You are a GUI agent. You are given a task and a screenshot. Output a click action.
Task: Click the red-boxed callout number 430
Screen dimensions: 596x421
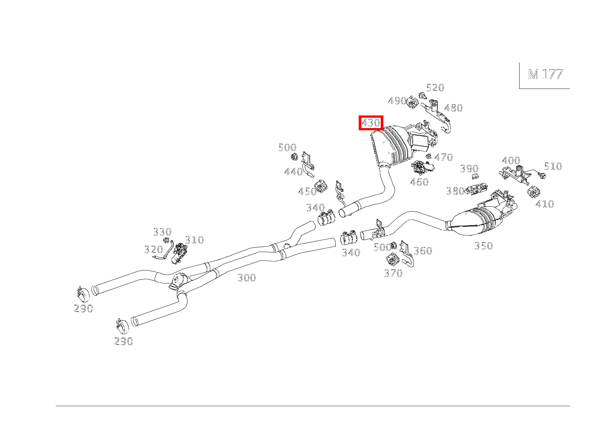point(371,123)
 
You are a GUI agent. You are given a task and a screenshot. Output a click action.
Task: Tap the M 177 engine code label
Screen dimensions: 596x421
point(545,74)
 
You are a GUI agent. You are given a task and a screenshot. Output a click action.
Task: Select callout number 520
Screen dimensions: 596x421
point(435,88)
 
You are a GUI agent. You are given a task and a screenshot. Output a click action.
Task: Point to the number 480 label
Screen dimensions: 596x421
point(454,108)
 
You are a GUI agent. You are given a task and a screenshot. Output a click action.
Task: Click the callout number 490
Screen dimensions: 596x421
point(397,101)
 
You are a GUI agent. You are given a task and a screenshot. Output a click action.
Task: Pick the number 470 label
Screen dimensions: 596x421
point(444,157)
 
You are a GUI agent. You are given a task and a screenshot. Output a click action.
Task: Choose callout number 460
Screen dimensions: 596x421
point(419,182)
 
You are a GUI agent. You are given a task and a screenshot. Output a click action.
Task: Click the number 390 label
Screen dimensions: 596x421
point(469,168)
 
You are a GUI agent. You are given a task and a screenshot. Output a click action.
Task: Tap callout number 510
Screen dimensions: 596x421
point(553,166)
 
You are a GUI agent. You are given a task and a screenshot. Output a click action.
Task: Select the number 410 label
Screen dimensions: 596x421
point(545,204)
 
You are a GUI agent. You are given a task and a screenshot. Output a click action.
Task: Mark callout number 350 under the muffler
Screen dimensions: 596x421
point(484,245)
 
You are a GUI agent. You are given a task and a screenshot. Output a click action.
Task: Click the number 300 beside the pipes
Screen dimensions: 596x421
point(247,278)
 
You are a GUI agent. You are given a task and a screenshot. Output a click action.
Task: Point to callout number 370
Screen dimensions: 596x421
point(393,273)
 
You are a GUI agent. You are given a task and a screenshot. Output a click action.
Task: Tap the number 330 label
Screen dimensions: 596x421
point(162,232)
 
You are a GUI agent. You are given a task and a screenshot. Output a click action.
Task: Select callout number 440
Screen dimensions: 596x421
point(294,172)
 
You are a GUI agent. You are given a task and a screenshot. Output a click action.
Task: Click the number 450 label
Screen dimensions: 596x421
point(307,191)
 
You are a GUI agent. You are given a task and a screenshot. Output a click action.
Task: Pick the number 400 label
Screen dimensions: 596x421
point(511,160)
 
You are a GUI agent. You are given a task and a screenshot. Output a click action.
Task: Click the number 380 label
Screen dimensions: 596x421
point(455,191)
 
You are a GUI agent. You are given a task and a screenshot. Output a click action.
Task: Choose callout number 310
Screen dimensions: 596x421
point(195,240)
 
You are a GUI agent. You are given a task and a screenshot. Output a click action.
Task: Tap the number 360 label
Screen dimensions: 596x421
point(423,251)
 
